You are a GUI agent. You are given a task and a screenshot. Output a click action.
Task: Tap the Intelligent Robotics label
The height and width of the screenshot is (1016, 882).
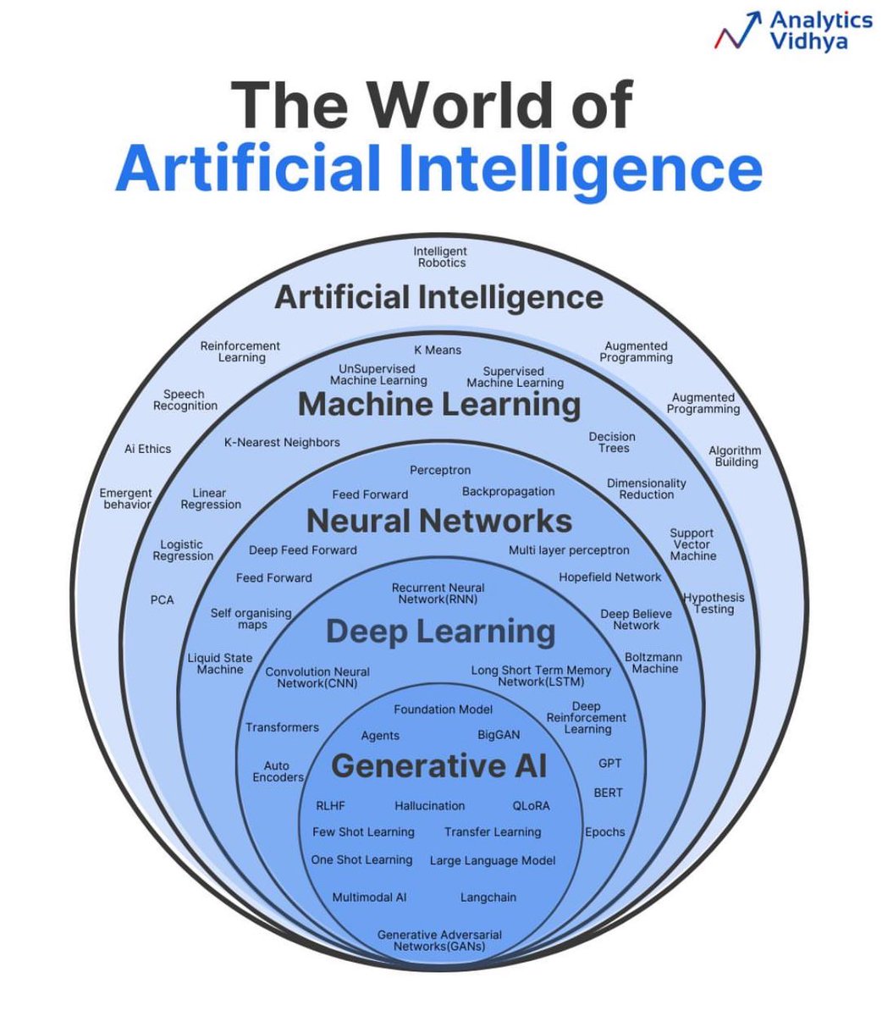[x=440, y=257]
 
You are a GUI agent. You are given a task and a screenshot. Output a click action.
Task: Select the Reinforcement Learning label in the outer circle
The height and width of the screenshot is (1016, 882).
[x=240, y=351]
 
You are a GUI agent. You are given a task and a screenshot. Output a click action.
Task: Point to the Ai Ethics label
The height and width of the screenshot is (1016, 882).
[x=147, y=449]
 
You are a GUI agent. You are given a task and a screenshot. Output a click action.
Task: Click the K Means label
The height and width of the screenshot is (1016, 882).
[x=438, y=350]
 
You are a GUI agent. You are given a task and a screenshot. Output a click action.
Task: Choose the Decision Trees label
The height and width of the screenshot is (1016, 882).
[x=612, y=442]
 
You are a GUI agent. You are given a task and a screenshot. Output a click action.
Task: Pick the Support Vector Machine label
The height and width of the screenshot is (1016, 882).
[x=692, y=544]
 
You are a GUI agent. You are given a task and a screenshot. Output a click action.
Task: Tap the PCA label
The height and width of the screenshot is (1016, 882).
[x=162, y=599]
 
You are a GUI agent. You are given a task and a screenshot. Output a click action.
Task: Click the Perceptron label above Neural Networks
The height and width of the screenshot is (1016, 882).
[x=440, y=470]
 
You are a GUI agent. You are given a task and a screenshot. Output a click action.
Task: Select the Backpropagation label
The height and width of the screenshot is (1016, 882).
[x=508, y=491]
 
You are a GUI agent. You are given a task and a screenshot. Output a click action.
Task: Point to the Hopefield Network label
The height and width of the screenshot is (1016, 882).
[x=609, y=577]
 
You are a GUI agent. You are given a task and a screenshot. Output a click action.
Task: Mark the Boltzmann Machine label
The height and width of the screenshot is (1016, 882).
[x=653, y=662]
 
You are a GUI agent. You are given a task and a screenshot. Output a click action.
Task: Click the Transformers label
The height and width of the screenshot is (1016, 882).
[x=282, y=727]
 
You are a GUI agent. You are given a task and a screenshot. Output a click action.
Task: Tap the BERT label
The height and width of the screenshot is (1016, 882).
[x=608, y=792]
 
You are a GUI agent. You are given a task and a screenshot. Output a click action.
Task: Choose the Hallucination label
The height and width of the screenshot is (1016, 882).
[x=429, y=805]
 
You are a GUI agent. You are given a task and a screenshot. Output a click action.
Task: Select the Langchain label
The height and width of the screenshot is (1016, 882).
[x=488, y=897]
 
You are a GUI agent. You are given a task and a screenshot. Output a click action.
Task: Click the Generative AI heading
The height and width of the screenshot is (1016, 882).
[x=439, y=766]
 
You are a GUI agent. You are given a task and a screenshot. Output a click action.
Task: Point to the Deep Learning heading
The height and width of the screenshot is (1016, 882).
[x=440, y=632]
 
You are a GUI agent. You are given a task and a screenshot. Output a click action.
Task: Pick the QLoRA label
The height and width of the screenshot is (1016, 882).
[x=531, y=805]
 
